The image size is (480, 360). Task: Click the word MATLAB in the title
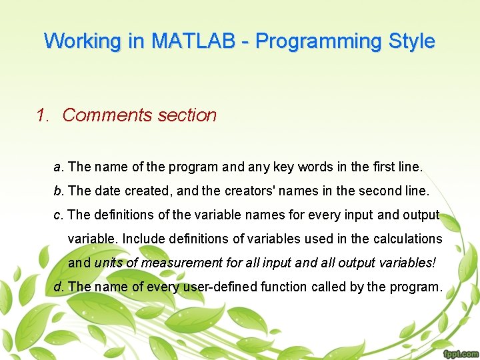tap(193, 41)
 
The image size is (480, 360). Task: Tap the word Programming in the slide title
tap(311, 41)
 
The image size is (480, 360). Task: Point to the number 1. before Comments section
tap(43, 115)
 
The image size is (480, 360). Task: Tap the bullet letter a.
tap(58, 167)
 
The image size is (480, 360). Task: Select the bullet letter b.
tap(58, 191)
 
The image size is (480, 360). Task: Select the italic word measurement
tap(179, 263)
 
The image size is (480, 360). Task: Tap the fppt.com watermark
tap(459, 353)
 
